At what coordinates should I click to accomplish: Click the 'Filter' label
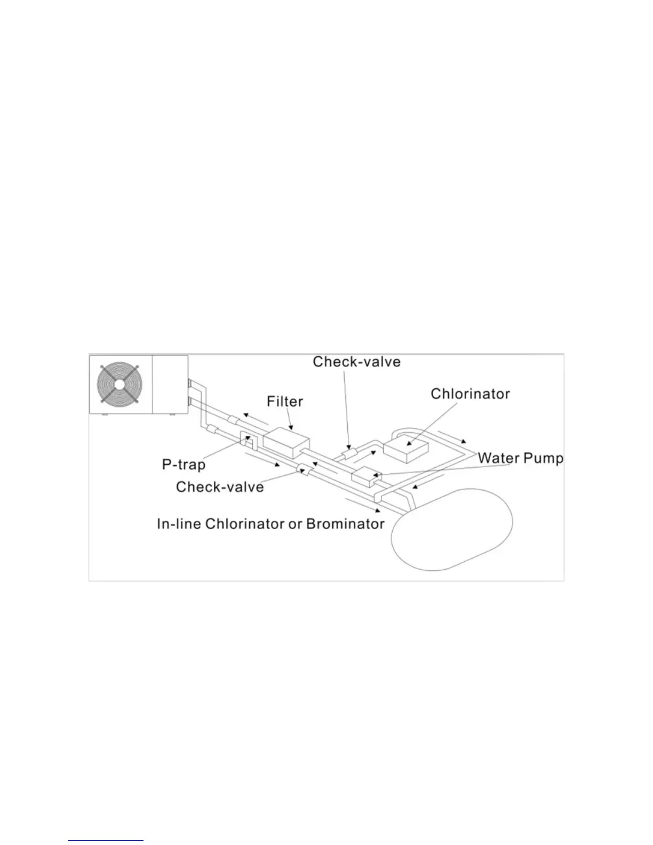point(285,401)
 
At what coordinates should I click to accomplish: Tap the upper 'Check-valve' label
point(356,362)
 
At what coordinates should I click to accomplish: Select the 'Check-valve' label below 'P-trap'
point(220,487)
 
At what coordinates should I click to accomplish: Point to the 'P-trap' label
point(184,465)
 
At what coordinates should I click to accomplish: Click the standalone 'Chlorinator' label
point(470,394)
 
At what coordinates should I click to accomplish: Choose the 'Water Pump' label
point(520,458)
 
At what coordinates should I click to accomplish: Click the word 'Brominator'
point(345,524)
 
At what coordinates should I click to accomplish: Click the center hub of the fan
point(118,384)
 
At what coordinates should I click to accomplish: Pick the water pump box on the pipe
point(364,476)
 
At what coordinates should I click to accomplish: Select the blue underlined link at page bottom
point(106,841)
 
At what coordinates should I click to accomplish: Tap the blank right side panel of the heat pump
point(170,384)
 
